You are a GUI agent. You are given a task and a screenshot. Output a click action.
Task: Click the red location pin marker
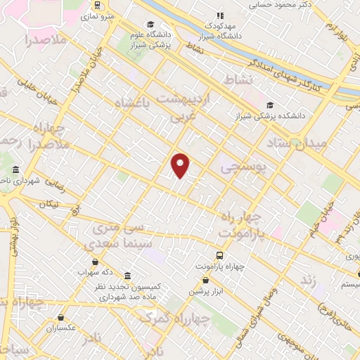coord(181,165)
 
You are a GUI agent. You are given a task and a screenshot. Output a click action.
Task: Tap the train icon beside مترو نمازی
coord(96,4)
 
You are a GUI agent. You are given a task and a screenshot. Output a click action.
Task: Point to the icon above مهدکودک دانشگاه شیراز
coord(219,15)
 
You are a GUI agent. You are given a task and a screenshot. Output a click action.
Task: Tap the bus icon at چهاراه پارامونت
coord(219,256)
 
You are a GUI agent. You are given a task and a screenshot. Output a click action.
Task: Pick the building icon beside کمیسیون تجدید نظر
coord(127,276)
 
